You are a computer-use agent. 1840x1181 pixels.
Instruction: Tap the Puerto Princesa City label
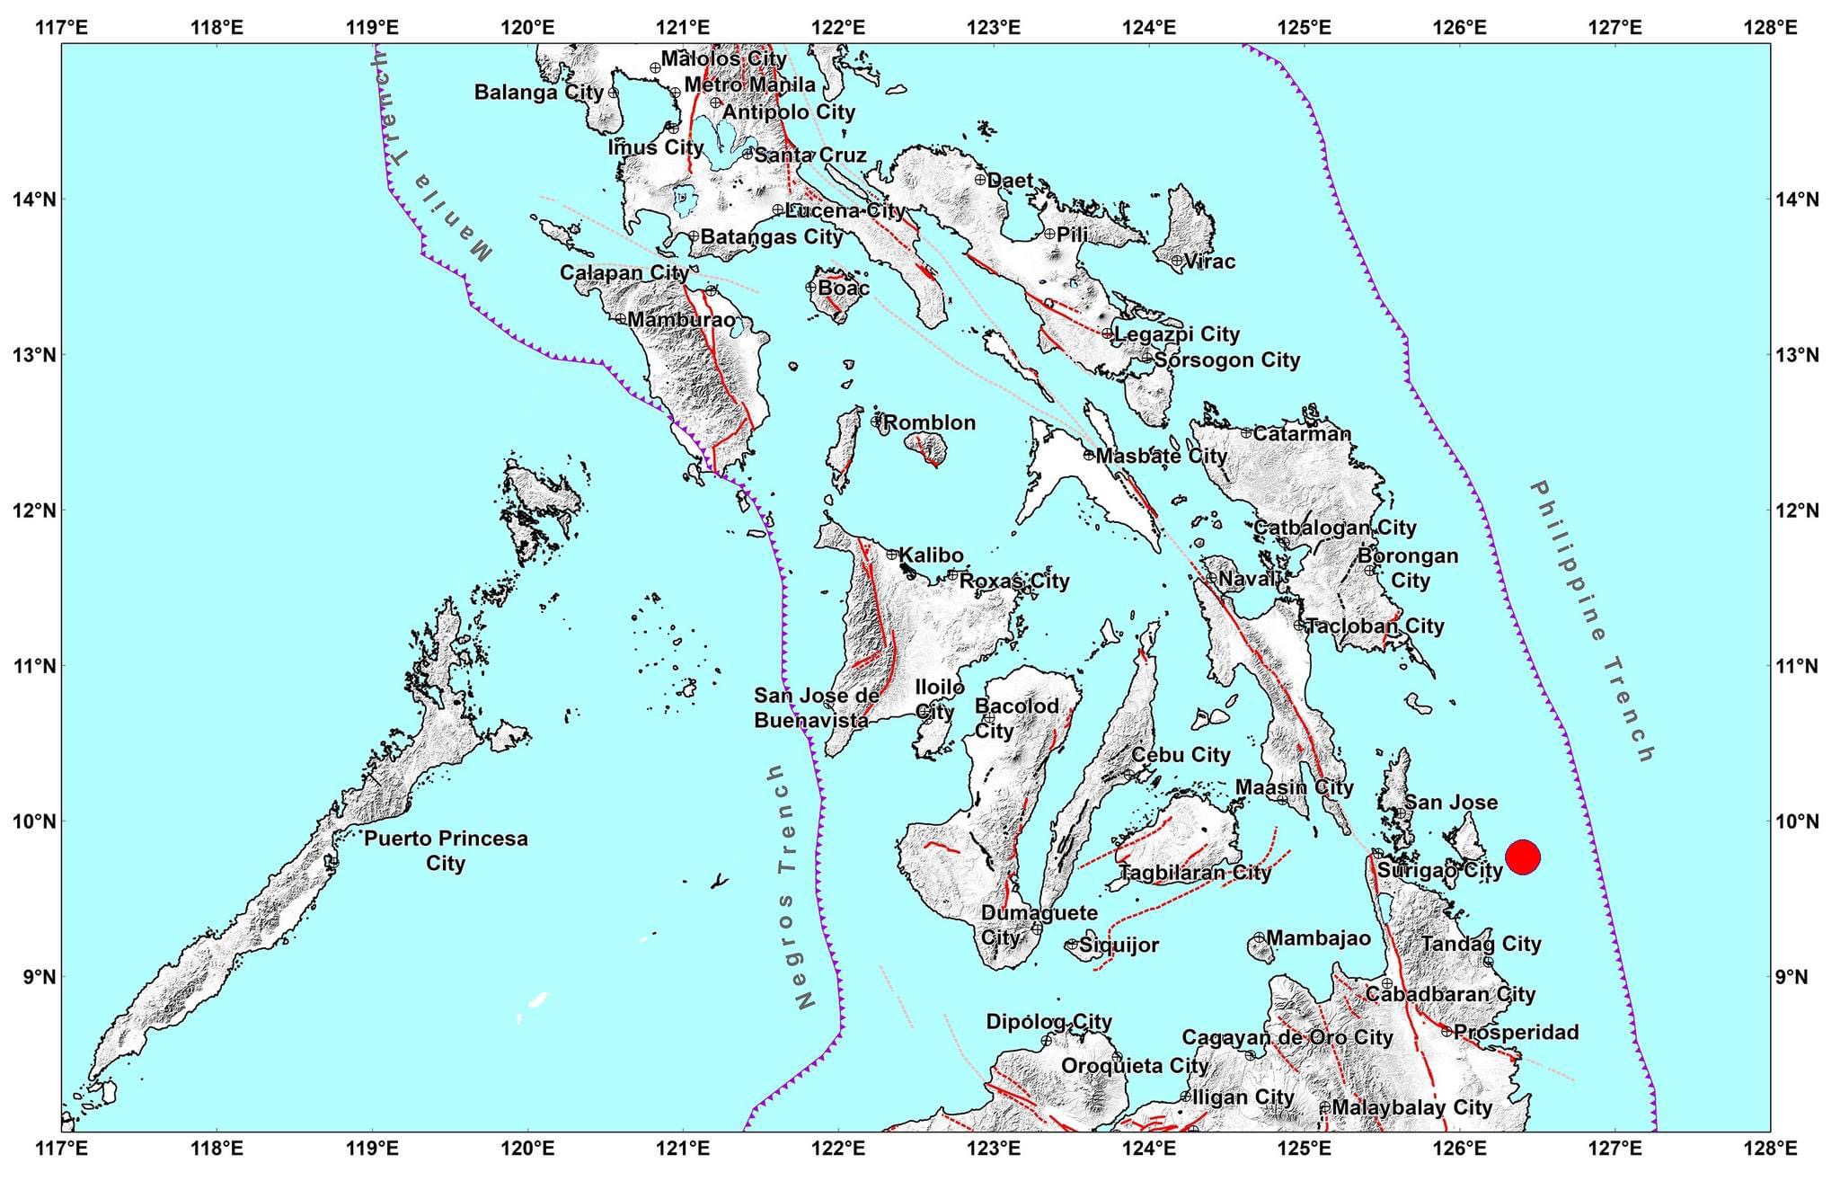pyautogui.click(x=446, y=850)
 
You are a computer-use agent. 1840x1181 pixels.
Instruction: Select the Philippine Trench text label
pyautogui.click(x=1592, y=621)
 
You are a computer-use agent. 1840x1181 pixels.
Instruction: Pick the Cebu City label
pyautogui.click(x=1180, y=755)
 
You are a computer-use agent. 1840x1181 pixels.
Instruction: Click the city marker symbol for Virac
pyautogui.click(x=1177, y=261)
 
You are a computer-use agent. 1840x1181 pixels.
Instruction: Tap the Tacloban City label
pyautogui.click(x=1375, y=626)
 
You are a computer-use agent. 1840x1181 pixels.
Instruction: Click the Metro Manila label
pyautogui.click(x=749, y=84)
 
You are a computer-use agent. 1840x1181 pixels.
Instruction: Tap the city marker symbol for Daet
pyautogui.click(x=980, y=179)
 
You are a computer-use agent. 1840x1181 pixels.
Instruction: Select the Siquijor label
pyautogui.click(x=1119, y=945)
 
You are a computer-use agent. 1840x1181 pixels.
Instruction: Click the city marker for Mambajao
pyautogui.click(x=1259, y=937)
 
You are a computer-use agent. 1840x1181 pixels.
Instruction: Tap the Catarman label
pyautogui.click(x=1302, y=433)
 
